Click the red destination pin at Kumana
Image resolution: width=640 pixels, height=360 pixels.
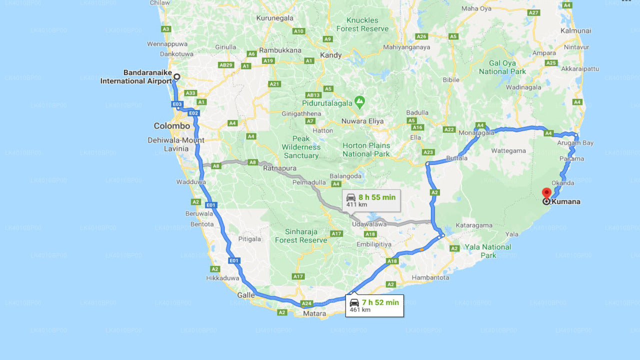click(546, 193)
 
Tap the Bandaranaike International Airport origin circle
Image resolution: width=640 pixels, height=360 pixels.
click(176, 77)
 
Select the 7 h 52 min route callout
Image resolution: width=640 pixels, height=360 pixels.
click(374, 305)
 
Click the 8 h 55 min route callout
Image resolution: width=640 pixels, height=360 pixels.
click(371, 200)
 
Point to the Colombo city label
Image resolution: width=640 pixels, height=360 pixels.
click(171, 126)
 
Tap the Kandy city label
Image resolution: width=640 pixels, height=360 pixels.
click(331, 55)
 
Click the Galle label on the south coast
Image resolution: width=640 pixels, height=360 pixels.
click(245, 295)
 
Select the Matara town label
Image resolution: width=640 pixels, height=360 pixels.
click(314, 314)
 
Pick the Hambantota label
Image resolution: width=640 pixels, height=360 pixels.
click(430, 277)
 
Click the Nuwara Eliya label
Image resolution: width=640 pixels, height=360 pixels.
click(362, 121)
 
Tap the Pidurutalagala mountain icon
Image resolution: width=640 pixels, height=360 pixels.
click(359, 101)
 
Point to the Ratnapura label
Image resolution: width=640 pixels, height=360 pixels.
click(280, 168)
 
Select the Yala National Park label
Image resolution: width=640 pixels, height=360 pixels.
click(488, 251)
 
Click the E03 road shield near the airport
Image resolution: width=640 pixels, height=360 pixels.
click(176, 104)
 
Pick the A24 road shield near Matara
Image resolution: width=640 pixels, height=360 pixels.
click(306, 303)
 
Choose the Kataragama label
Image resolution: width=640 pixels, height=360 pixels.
click(474, 225)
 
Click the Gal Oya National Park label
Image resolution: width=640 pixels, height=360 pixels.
click(502, 67)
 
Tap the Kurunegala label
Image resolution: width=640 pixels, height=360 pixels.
click(274, 18)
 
